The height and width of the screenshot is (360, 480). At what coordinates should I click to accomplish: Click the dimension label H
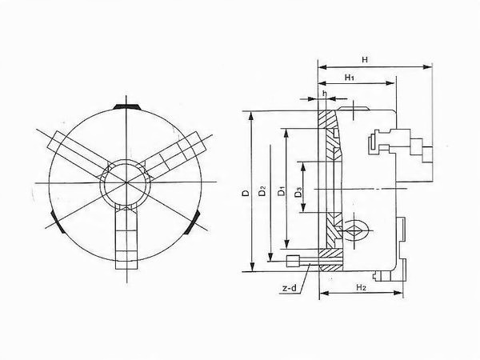tap(365, 59)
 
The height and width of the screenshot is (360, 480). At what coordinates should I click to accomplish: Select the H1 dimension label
tap(350, 77)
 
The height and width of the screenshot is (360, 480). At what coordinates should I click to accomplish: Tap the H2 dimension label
tap(362, 287)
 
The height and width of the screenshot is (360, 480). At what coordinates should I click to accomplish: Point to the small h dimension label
tap(324, 93)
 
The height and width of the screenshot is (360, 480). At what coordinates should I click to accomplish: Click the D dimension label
tap(246, 193)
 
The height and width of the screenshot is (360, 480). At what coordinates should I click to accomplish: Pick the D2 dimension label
tap(262, 190)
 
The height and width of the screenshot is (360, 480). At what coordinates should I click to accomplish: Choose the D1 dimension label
tap(282, 190)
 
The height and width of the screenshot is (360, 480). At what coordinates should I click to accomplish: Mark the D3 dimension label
tap(298, 193)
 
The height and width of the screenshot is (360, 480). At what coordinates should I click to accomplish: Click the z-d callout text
tap(290, 288)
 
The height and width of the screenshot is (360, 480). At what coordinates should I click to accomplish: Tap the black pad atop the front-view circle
tap(126, 106)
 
